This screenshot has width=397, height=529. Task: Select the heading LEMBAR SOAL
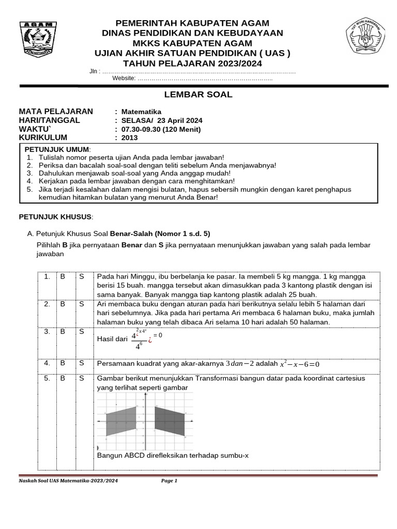point(198,95)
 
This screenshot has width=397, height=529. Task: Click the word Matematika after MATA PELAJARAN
point(141,112)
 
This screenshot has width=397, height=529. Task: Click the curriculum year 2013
point(130,138)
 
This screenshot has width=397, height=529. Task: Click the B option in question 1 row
point(63,277)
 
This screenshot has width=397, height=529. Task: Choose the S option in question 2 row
point(82,304)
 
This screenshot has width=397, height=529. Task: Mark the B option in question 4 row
point(63,363)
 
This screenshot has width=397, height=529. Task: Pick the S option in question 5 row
point(82,379)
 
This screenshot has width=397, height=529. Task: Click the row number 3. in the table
point(47,332)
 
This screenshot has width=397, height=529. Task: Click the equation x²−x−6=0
point(299,364)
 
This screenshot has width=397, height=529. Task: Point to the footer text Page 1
point(169,481)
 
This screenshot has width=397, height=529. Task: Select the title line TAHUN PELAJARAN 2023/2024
point(198,64)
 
